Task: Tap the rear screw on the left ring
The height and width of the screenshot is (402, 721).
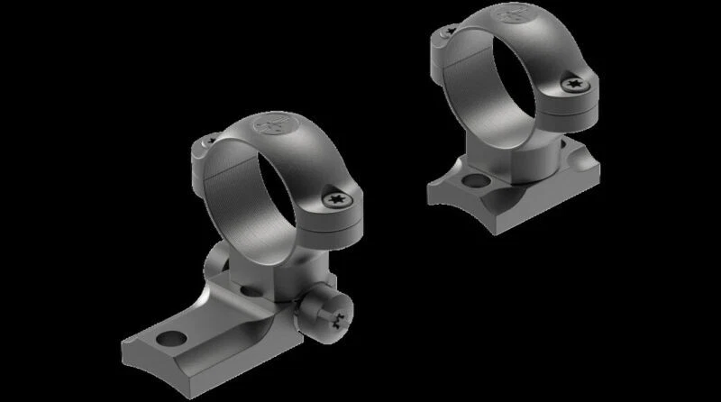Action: [x=206, y=141]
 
